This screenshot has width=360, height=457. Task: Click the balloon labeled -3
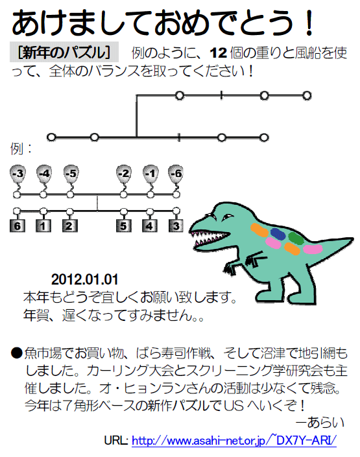click(x=18, y=174)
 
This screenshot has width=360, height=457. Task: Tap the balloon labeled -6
click(x=176, y=174)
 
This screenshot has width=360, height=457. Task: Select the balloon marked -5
click(x=71, y=174)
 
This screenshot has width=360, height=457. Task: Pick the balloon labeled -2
click(x=124, y=174)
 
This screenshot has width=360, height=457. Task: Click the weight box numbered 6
click(x=18, y=226)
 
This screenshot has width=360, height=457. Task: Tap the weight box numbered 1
click(x=43, y=226)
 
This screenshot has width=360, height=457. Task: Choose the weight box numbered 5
click(x=124, y=226)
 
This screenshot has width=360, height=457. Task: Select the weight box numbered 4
click(x=150, y=226)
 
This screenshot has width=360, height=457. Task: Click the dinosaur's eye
click(x=226, y=217)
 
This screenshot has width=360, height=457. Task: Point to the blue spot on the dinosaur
click(x=278, y=234)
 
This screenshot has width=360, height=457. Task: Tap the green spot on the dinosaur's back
click(x=296, y=238)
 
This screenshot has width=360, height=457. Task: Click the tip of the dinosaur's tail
click(x=354, y=239)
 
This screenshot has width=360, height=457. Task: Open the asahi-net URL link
click(x=234, y=440)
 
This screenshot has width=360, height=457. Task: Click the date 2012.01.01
click(x=84, y=279)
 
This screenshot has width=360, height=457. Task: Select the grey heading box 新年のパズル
click(x=64, y=52)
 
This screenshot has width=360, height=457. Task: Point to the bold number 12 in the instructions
click(x=218, y=53)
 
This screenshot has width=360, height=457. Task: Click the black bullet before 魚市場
click(x=17, y=353)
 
